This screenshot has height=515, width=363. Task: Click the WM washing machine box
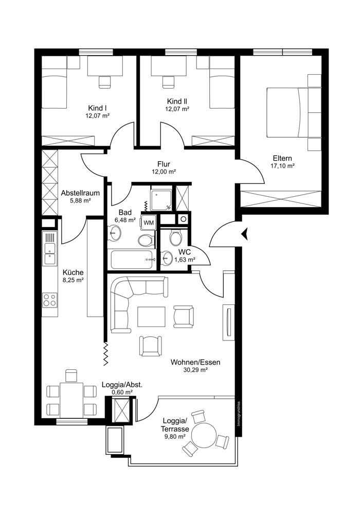coord(149,222)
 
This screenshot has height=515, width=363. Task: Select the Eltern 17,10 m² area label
coord(282,162)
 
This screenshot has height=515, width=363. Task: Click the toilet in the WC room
coord(176,238)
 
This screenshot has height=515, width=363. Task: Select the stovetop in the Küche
coord(50,299)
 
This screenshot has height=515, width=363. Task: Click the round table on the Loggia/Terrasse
coord(205,436)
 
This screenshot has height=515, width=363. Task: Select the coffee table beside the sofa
coord(151,315)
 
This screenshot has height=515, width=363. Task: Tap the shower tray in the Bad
coord(161,199)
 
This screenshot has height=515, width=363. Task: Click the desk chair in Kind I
coord(104,81)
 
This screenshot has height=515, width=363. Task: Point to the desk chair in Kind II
coord(167,81)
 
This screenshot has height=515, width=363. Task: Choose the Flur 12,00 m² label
coord(164,168)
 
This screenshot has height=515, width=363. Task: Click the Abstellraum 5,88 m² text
coord(80,196)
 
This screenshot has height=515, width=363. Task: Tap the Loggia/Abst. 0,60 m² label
coord(122,388)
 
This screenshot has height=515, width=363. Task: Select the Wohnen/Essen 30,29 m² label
coord(195,366)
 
